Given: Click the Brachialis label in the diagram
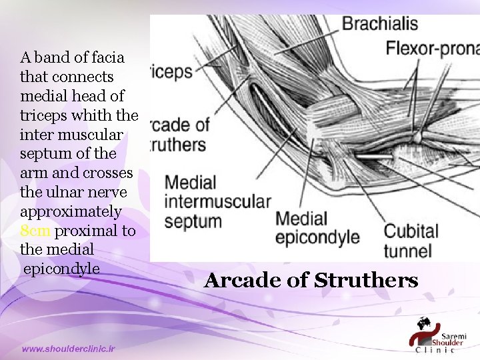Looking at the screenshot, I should tap(380, 25).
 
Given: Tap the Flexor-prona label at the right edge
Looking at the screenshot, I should tap(433, 48).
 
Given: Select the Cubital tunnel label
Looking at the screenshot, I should tap(411, 241).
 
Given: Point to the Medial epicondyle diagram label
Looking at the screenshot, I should tap(317, 227).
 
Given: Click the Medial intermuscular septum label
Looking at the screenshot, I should tap(217, 201).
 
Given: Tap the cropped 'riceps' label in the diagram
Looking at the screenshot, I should tap(171, 71).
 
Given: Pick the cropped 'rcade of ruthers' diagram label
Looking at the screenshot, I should tap(179, 134).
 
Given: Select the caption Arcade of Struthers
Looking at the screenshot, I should tap(311, 280).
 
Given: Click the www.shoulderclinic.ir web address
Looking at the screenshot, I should tap(69, 349).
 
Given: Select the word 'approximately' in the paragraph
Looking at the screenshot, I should tap(71, 211).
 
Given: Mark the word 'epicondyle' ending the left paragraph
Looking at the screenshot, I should tap(61, 268).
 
